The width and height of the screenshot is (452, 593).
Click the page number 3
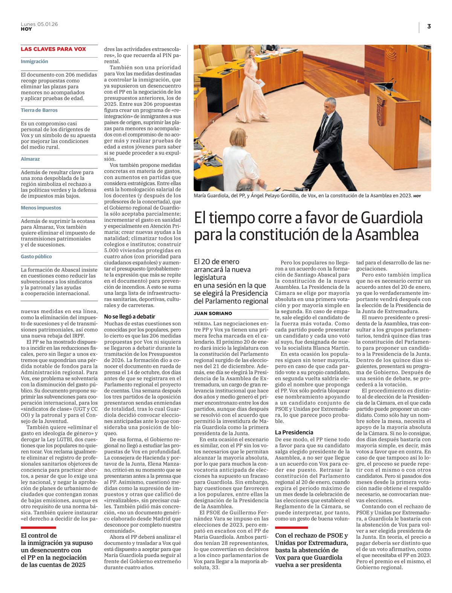pos(429,26)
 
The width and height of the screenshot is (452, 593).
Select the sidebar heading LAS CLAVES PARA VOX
pos(53,49)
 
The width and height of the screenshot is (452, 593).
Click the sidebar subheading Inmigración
pos(34,61)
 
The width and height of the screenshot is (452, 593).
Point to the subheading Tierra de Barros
pos(39,110)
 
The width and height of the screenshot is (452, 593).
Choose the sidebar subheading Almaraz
pos(30,159)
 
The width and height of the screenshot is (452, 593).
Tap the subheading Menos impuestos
pos(41,208)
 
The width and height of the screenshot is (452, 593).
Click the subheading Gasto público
pos(36,256)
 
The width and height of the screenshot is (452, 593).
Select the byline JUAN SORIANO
pos(213,313)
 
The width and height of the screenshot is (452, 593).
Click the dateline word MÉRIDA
pos(202,323)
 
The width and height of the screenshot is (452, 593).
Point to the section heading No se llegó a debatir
pos(130,317)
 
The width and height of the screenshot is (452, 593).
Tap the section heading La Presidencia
pos(294,432)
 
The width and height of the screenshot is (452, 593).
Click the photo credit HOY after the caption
pos(417,196)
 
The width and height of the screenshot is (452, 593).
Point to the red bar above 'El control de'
pos(38,527)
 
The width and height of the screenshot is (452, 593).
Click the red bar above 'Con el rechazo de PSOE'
pos(291,527)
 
